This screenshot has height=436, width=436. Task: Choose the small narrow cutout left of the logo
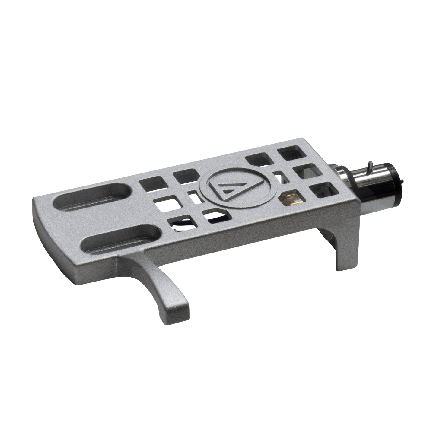pyautogui.click(x=193, y=196)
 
